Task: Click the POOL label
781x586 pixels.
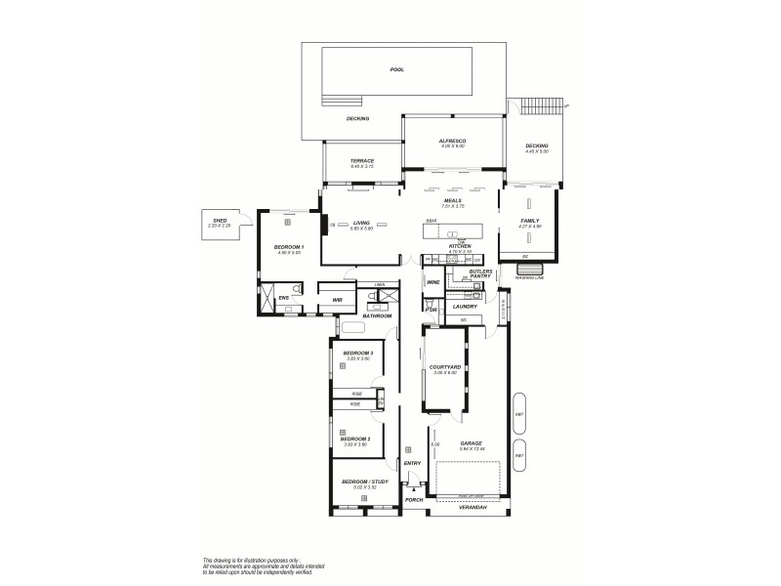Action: click(396, 70)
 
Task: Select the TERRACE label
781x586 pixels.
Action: click(362, 162)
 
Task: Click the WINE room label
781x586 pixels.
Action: click(432, 282)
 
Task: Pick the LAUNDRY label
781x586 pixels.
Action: click(465, 307)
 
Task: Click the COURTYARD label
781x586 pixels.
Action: click(444, 367)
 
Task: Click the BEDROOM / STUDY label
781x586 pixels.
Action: click(363, 482)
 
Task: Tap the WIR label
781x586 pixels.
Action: click(337, 300)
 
